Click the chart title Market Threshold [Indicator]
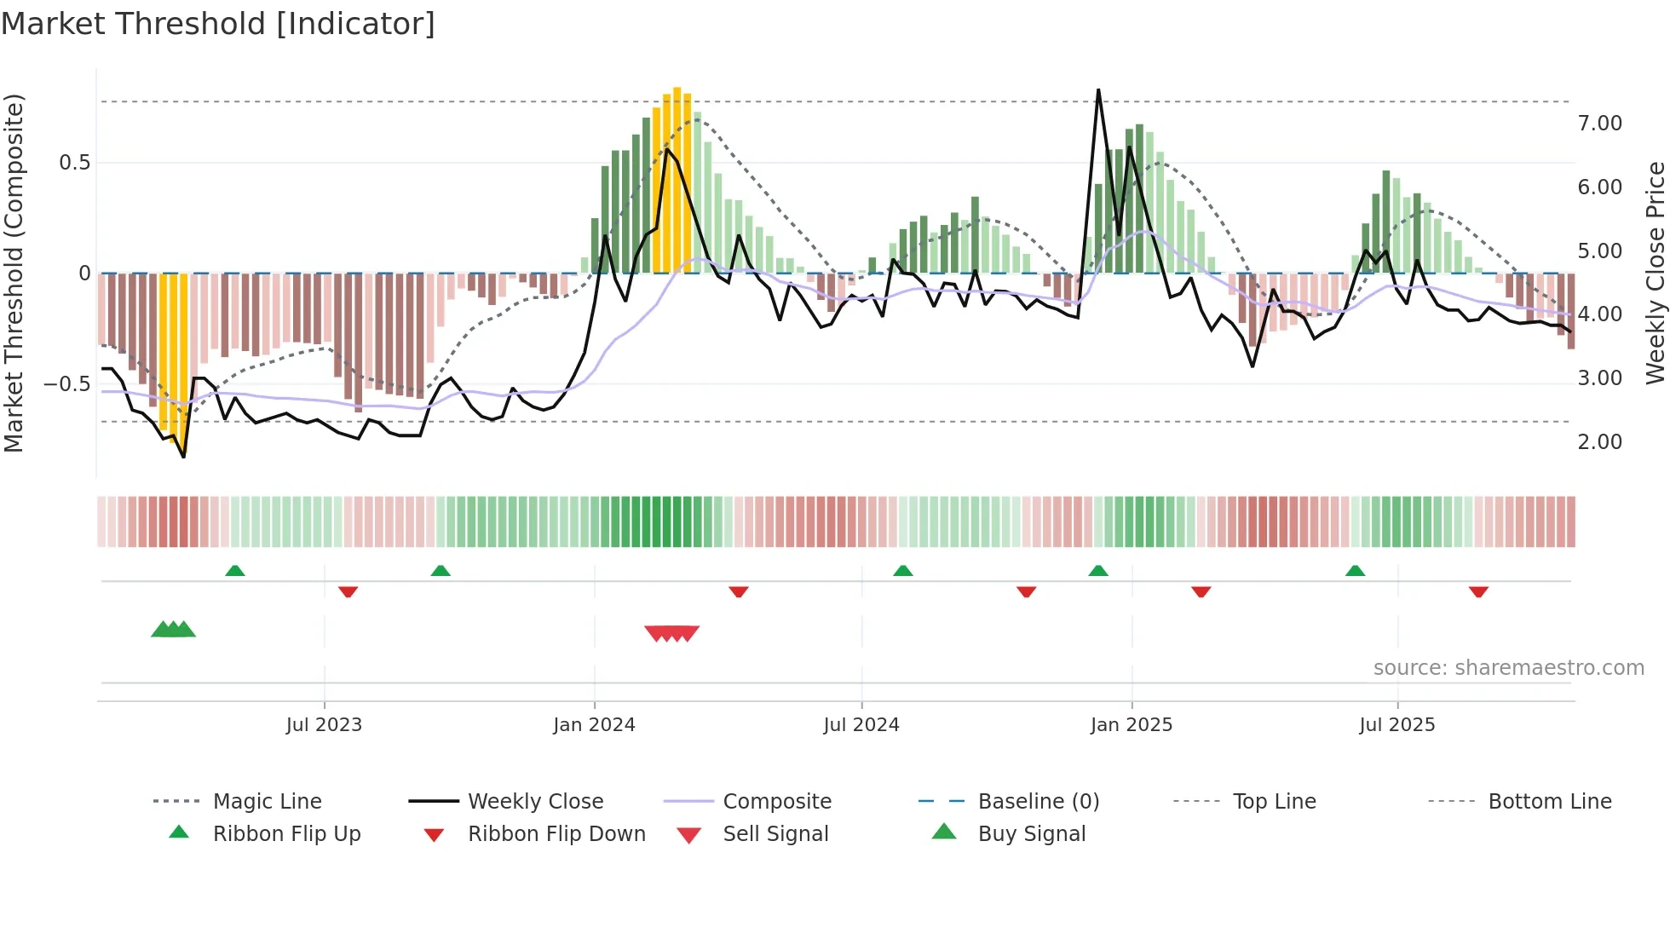[218, 24]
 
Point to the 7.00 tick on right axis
[1599, 124]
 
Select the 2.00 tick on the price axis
[1599, 442]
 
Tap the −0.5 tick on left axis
[66, 384]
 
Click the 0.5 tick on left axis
[74, 163]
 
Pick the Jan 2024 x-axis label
[594, 725]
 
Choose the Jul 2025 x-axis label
[1396, 725]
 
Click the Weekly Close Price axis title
[1654, 273]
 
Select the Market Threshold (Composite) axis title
[14, 273]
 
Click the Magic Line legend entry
[267, 802]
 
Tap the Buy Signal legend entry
[1031, 834]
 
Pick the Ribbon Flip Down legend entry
[556, 834]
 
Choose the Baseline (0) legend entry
[1038, 802]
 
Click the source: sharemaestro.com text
[1508, 668]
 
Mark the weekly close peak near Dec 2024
[1098, 90]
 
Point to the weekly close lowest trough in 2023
[183, 457]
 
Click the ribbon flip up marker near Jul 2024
[903, 571]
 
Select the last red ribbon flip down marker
[1478, 591]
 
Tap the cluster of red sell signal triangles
[672, 633]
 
